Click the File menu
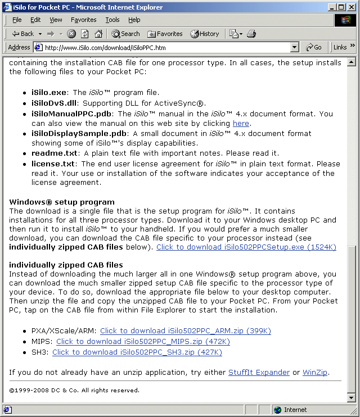[x=17, y=20]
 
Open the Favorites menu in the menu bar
[x=83, y=20]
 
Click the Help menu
[x=134, y=20]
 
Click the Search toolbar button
[x=125, y=34]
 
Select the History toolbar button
[x=205, y=34]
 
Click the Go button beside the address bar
[x=314, y=47]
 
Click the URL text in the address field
[x=105, y=47]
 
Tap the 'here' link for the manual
[x=241, y=123]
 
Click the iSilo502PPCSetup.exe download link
[x=246, y=247]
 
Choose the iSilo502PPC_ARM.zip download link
[x=185, y=331]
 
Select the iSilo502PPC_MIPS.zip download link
[x=143, y=342]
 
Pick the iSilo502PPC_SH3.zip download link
[x=137, y=352]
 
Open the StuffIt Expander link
[x=259, y=373]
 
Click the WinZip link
[x=315, y=373]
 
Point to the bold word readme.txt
[x=55, y=153]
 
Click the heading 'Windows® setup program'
[x=62, y=202]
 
